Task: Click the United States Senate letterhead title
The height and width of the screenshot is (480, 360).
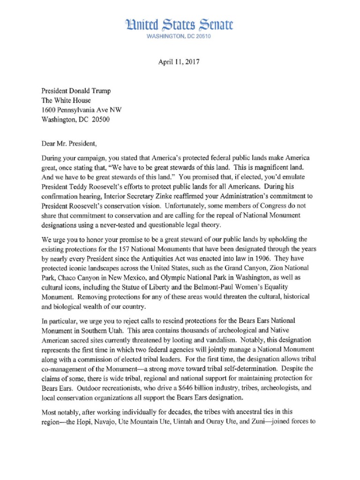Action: [180, 24]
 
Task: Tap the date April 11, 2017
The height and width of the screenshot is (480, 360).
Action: [180, 62]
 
